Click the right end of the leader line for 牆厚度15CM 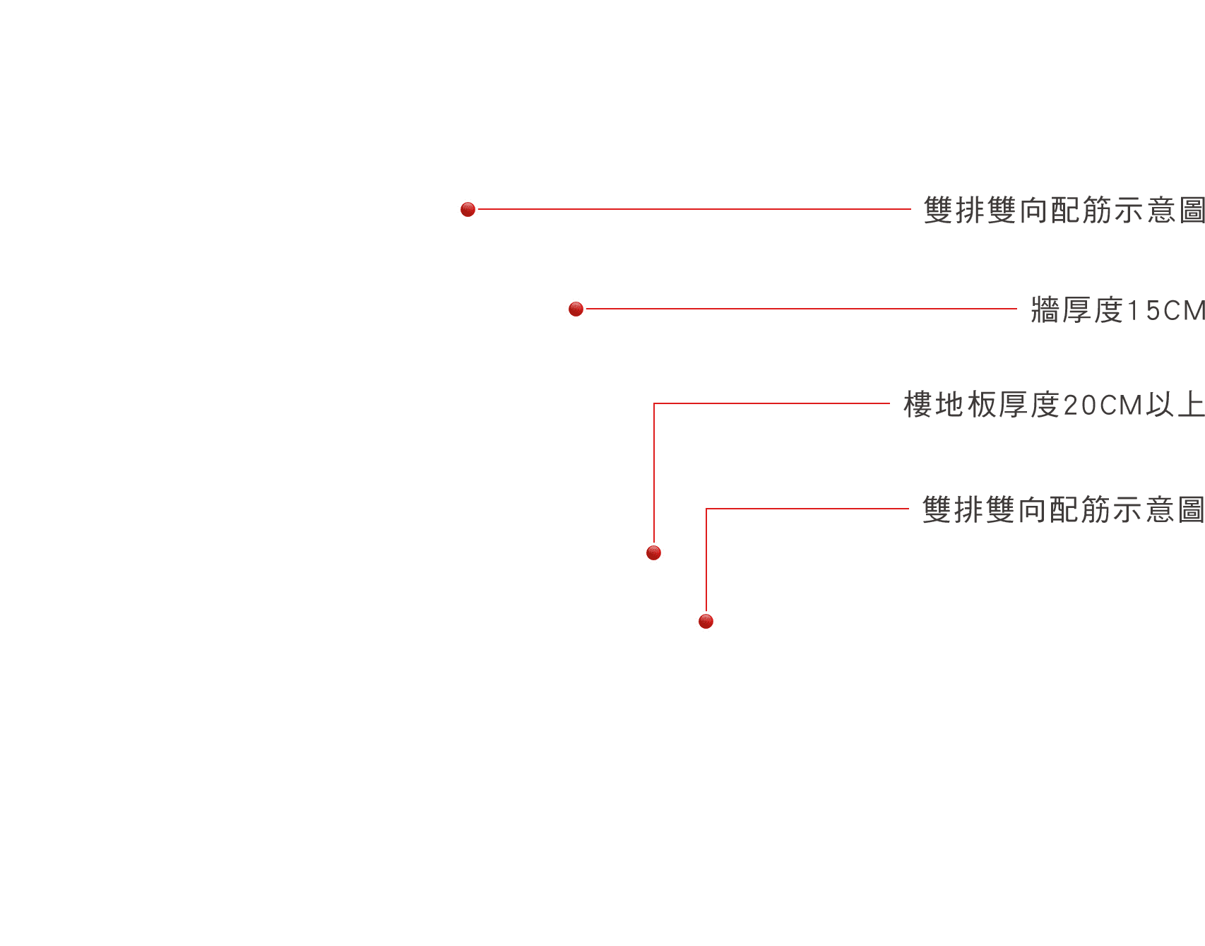click(1016, 309)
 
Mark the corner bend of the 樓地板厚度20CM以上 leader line click(654, 403)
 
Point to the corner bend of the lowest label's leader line click(706, 509)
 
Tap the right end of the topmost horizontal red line click(910, 209)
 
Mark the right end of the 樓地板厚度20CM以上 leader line click(889, 403)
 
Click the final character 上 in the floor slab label click(1191, 405)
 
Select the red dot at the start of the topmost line click(468, 209)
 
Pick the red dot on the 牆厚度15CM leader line click(576, 309)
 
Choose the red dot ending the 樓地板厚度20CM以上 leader click(653, 552)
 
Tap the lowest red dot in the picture click(706, 621)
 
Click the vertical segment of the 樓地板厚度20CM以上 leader click(654, 473)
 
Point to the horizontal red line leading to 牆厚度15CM click(801, 309)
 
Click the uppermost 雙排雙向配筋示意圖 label click(1064, 211)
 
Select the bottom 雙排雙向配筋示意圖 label click(1064, 509)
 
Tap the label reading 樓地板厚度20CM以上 click(1055, 405)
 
